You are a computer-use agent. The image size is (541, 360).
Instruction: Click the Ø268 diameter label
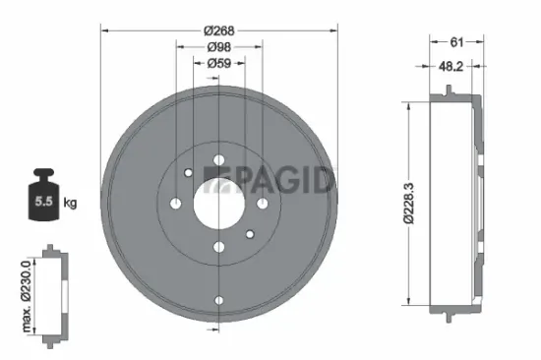coord(219,29)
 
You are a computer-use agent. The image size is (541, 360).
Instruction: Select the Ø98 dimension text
coord(219,45)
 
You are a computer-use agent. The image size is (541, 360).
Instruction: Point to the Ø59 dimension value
coord(219,64)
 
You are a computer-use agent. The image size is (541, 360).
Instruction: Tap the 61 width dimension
coord(456,42)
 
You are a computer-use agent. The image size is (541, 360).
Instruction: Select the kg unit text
coord(70,204)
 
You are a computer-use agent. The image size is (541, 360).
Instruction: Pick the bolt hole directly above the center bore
coord(219,159)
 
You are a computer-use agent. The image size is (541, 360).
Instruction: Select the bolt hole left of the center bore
coord(175,204)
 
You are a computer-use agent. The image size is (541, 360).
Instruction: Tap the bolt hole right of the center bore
coord(264,204)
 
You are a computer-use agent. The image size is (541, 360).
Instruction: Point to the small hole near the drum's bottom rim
coord(219,301)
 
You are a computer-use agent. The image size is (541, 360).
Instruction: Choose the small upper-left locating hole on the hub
coord(187,173)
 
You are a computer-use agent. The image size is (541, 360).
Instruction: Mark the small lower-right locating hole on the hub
coord(251,234)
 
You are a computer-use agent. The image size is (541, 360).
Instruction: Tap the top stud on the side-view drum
coord(449,91)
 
